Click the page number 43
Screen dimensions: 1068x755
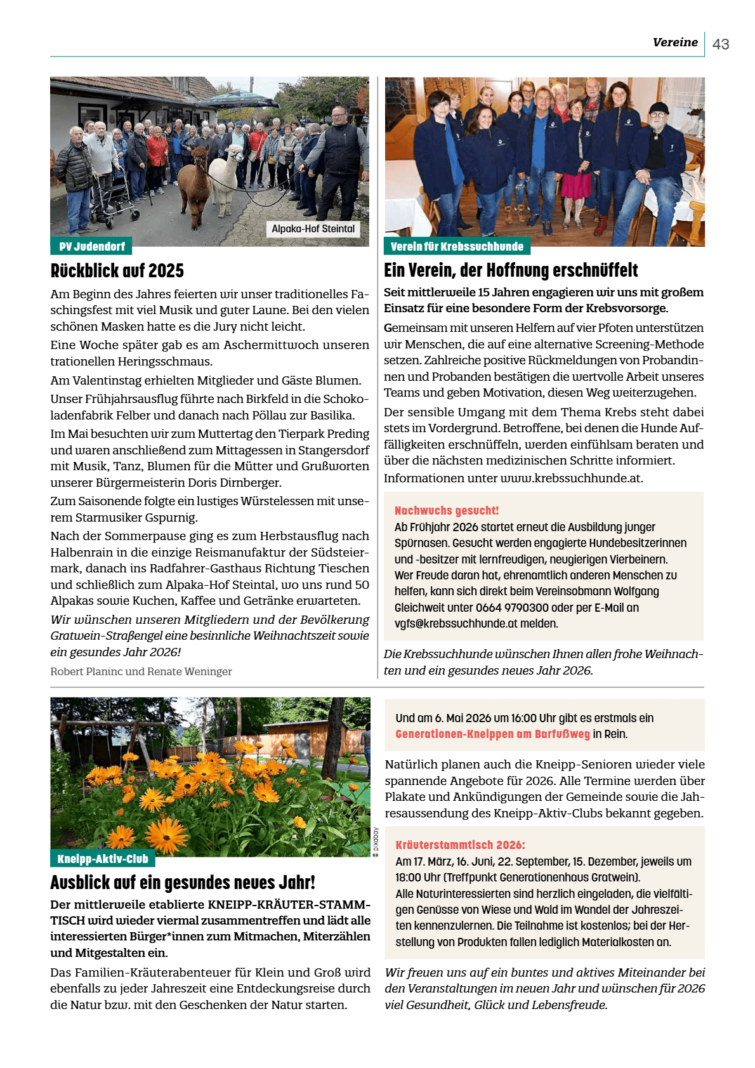click(x=721, y=44)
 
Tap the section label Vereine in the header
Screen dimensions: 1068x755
click(x=675, y=43)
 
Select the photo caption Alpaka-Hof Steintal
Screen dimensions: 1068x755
click(x=313, y=228)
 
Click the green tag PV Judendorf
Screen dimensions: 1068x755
click(x=92, y=246)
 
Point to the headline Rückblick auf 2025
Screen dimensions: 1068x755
click(x=117, y=271)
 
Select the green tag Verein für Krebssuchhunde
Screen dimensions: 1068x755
click(x=457, y=246)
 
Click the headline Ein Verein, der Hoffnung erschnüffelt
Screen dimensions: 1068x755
click(x=511, y=270)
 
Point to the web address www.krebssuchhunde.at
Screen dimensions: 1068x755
click(x=571, y=478)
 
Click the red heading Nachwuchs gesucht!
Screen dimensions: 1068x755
click(x=447, y=510)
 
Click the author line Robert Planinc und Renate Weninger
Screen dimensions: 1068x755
click(x=141, y=671)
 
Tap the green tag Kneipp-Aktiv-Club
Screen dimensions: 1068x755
click(x=103, y=859)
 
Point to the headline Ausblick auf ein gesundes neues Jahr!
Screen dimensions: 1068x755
click(x=183, y=883)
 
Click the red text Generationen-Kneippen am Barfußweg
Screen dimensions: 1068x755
click(x=492, y=734)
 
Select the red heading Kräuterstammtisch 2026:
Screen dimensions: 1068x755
click(x=460, y=845)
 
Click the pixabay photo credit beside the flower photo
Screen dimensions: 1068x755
click(x=376, y=842)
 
